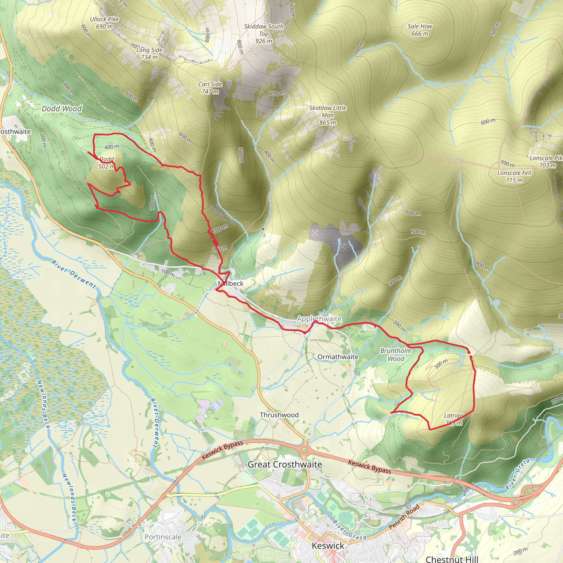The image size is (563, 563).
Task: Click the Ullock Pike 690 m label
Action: pyautogui.click(x=104, y=23)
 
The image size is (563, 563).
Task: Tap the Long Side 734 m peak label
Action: pyautogui.click(x=149, y=54)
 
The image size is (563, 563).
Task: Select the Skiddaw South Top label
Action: pyautogui.click(x=264, y=34)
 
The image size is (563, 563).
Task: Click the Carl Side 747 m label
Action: pyautogui.click(x=210, y=88)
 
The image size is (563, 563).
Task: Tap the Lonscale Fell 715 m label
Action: pyautogui.click(x=514, y=176)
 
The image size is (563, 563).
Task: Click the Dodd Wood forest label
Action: pyautogui.click(x=62, y=109)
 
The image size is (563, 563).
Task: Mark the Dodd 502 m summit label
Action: pyautogui.click(x=106, y=163)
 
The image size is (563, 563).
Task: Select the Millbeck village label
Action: pyautogui.click(x=230, y=283)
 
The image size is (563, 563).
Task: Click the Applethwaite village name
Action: pyautogui.click(x=319, y=319)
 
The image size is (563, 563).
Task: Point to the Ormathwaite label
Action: pyautogui.click(x=338, y=357)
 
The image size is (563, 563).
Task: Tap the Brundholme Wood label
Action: pyautogui.click(x=396, y=355)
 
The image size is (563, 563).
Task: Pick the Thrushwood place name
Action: pyautogui.click(x=279, y=415)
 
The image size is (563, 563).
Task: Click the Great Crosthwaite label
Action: pyautogui.click(x=285, y=465)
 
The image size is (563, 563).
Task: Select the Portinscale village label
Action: pyautogui.click(x=163, y=537)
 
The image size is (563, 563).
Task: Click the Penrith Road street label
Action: pyautogui.click(x=404, y=517)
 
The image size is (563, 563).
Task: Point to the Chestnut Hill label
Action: pyautogui.click(x=452, y=559)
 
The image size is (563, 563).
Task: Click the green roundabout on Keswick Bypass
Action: pyautogui.click(x=305, y=451)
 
